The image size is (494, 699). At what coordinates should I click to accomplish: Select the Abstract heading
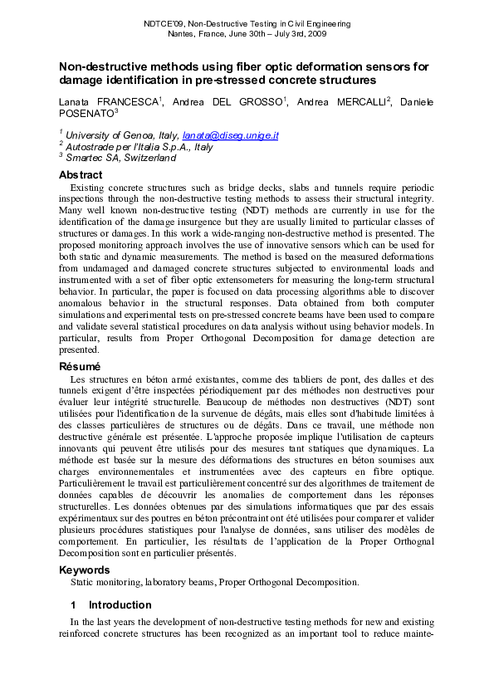pyautogui.click(x=81, y=175)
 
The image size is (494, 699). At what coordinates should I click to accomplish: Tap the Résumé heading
pyautogui.click(x=79, y=366)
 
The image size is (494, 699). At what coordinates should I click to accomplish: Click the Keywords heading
pyautogui.click(x=84, y=570)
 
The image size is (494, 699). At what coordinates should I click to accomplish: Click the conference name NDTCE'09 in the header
pyautogui.click(x=159, y=25)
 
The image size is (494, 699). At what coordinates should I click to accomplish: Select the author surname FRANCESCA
pyautogui.click(x=127, y=101)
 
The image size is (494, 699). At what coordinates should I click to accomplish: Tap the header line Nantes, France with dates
pyautogui.click(x=247, y=36)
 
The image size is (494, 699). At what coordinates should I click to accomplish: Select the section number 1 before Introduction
pyautogui.click(x=73, y=605)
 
